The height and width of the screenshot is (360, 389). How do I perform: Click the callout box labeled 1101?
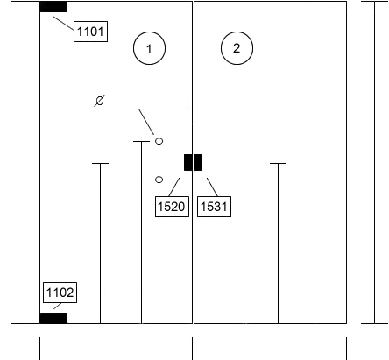90,32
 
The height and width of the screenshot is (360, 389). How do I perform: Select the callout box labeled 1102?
60,293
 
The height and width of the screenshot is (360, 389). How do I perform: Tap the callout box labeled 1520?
172,207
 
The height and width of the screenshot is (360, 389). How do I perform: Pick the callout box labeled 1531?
215,207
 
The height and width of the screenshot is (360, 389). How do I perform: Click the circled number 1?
149,48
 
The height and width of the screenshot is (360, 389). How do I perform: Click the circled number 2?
237,48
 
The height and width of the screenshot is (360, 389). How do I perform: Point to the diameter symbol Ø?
100,101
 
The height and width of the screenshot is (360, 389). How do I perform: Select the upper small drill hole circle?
159,141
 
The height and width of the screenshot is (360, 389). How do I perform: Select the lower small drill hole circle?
159,180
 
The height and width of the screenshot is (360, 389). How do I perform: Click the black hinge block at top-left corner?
53,7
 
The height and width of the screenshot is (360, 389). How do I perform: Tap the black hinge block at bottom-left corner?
53,318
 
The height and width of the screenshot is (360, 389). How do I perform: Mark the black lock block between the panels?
193,162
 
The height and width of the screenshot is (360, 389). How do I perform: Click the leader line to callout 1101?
63,23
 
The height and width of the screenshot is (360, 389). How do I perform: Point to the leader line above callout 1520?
174,187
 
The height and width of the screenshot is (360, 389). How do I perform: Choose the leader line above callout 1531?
212,187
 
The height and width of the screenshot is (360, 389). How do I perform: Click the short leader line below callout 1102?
58,306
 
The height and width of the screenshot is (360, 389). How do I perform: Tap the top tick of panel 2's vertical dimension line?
278,164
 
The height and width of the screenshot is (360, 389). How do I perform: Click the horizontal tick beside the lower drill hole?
141,180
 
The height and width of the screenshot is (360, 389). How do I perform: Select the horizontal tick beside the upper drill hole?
141,141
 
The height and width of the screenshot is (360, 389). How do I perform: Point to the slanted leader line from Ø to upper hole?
146,122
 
